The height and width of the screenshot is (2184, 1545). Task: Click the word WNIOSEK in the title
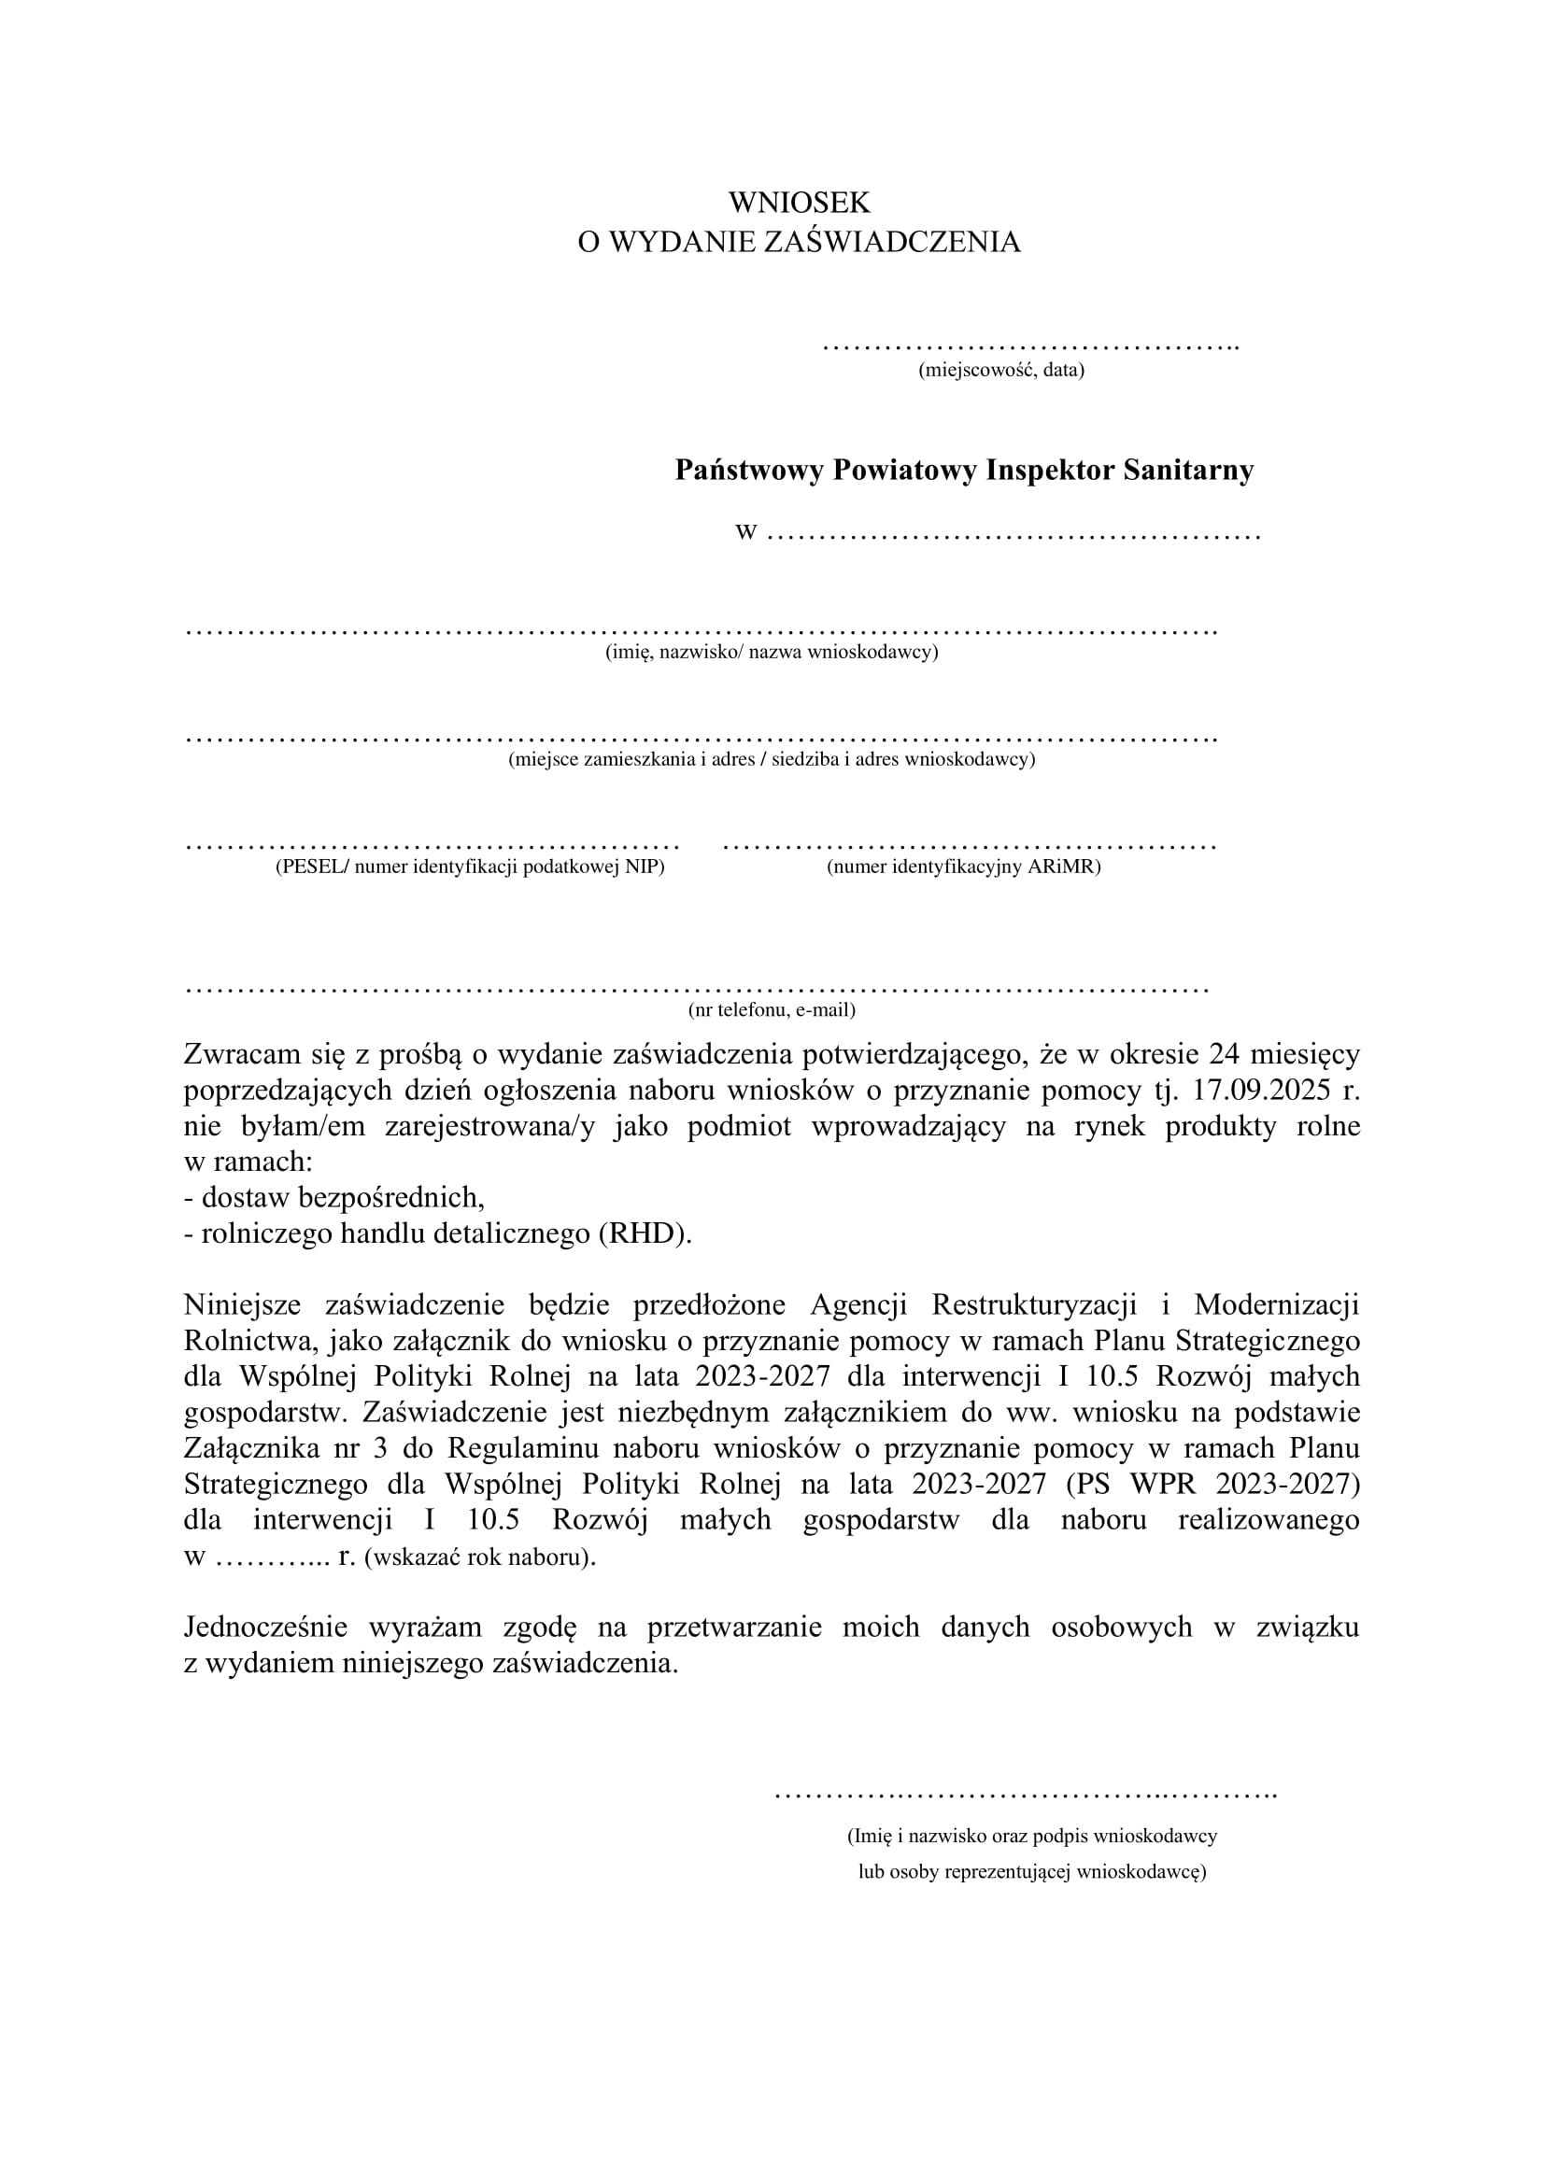click(800, 202)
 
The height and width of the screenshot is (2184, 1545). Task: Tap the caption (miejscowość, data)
click(1000, 370)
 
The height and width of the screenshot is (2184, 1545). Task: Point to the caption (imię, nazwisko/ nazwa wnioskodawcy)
click(772, 653)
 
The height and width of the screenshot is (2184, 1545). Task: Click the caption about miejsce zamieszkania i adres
click(772, 760)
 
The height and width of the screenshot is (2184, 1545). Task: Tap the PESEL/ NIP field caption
click(470, 867)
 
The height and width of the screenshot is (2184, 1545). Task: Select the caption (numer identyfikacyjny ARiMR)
click(964, 867)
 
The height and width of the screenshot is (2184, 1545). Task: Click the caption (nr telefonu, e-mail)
click(772, 1009)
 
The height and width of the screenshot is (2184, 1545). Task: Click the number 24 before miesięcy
click(1225, 1054)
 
